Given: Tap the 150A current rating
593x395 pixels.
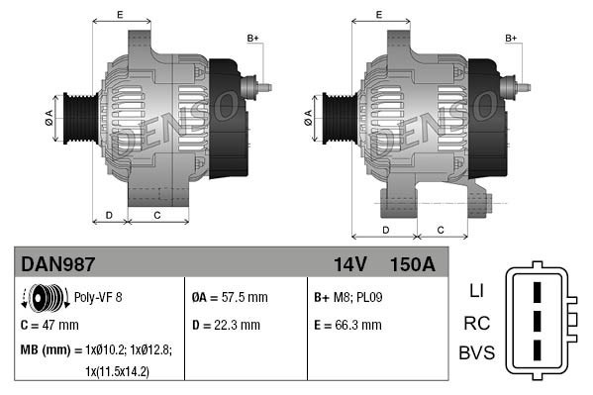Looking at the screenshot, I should tap(413, 265).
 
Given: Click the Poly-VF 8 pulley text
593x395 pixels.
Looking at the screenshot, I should tap(99, 296).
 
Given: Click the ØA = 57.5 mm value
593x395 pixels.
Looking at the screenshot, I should tap(230, 297).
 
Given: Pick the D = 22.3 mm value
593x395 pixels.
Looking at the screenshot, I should tap(226, 324).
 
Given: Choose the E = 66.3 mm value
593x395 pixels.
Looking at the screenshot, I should tap(346, 324).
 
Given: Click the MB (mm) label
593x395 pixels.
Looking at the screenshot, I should tap(46, 350).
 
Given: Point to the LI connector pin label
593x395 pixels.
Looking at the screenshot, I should tap(475, 292).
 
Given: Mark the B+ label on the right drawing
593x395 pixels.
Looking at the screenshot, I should tap(511, 38).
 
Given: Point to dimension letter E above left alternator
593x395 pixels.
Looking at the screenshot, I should tap(120, 14).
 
